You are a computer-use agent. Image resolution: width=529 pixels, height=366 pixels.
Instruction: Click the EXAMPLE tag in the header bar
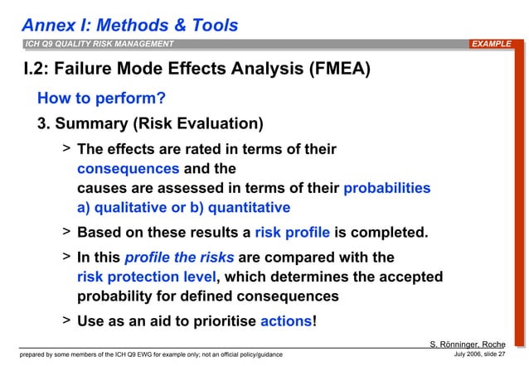pyautogui.click(x=493, y=44)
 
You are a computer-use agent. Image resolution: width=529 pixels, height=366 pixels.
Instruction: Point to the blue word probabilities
pyautogui.click(x=387, y=188)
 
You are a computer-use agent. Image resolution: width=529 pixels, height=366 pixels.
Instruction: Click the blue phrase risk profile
pyautogui.click(x=292, y=233)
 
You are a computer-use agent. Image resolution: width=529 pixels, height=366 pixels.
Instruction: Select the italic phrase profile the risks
pyautogui.click(x=179, y=258)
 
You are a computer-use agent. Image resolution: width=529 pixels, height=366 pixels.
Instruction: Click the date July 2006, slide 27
pyautogui.click(x=485, y=355)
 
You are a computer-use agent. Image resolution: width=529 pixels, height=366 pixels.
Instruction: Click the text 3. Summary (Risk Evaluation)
pyautogui.click(x=150, y=125)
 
